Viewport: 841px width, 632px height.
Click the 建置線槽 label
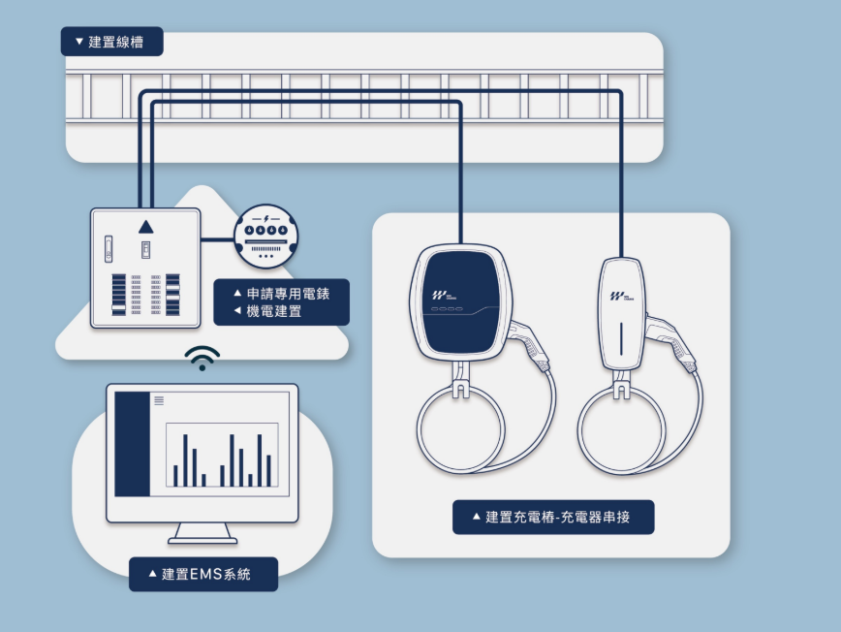(x=111, y=42)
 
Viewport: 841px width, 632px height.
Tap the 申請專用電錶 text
(x=288, y=294)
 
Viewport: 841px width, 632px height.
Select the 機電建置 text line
(x=274, y=311)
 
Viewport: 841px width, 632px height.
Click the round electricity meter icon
(x=266, y=237)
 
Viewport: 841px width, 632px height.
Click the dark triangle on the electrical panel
(x=146, y=227)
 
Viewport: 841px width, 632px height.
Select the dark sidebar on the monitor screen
(x=133, y=444)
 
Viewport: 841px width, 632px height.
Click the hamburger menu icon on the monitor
(x=159, y=400)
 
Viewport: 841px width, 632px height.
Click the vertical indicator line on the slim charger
(x=621, y=338)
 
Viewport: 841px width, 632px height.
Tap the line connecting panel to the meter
(x=218, y=239)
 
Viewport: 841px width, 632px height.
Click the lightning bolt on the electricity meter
(x=266, y=219)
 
